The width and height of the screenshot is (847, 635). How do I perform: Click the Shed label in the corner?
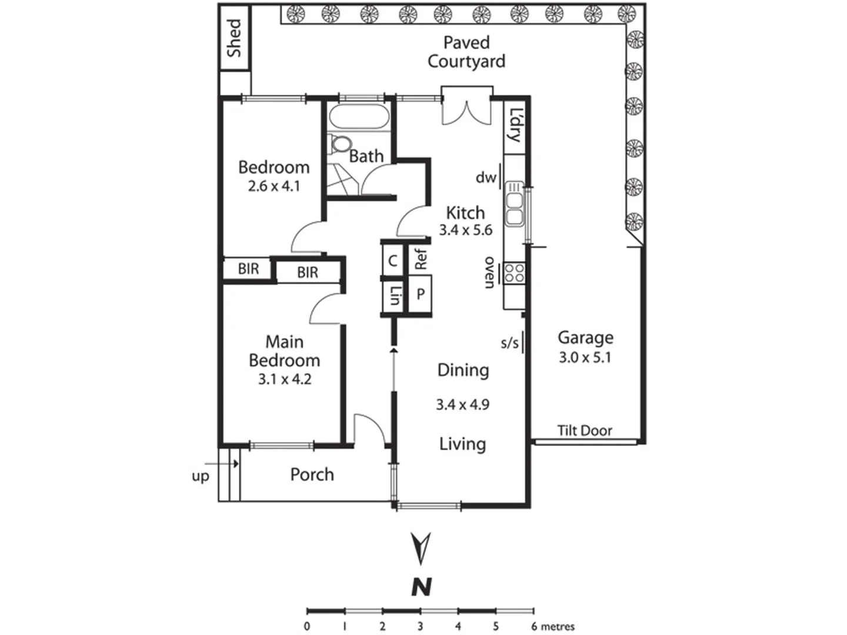click(234, 38)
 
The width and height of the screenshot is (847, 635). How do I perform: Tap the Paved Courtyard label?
click(466, 52)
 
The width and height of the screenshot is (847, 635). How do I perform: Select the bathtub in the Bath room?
click(359, 117)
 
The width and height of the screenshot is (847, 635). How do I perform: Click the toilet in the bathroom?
click(341, 144)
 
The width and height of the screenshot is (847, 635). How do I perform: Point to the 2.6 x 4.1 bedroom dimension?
click(274, 186)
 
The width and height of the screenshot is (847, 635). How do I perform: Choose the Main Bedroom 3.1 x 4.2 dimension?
click(285, 379)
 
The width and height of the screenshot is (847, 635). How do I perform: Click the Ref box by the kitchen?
click(420, 259)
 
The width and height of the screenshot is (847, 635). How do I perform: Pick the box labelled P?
click(420, 294)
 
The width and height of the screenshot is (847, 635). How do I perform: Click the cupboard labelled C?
click(393, 260)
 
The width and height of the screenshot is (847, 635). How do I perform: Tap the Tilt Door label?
click(584, 431)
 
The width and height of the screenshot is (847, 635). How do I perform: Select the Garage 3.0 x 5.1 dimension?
click(585, 357)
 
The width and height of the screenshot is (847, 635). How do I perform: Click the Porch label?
click(312, 474)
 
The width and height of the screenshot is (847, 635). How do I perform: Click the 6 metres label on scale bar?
click(553, 627)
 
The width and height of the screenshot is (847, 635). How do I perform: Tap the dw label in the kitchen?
click(485, 177)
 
